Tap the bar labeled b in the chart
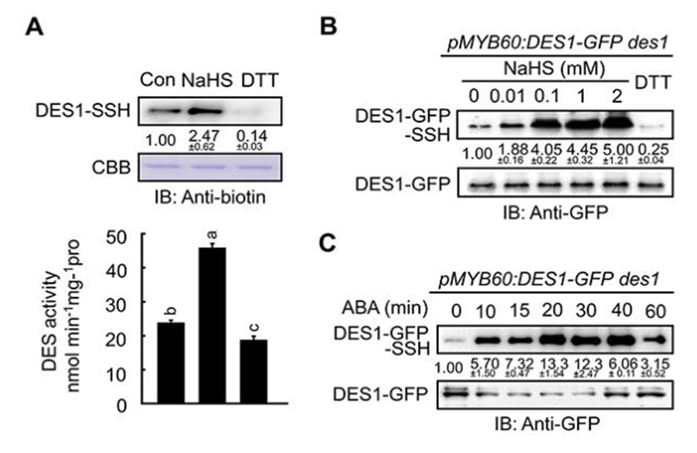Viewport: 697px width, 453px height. click(x=170, y=363)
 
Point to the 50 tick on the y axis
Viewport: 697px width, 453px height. click(x=120, y=236)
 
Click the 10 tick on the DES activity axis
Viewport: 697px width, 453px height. click(x=120, y=371)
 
